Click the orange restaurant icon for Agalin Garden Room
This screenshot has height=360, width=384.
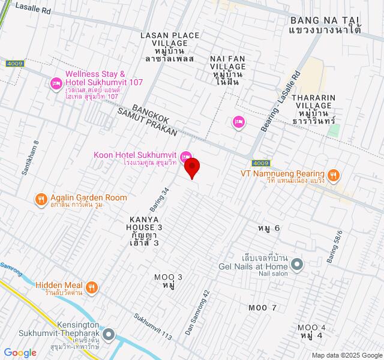41,200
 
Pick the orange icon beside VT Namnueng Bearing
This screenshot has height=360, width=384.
334,176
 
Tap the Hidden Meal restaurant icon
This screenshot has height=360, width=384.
92,287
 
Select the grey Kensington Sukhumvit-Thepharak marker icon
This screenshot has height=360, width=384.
108,334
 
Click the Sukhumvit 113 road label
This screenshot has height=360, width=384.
153,327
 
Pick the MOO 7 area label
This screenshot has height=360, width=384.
263,308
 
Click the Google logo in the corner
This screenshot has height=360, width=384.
20,353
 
